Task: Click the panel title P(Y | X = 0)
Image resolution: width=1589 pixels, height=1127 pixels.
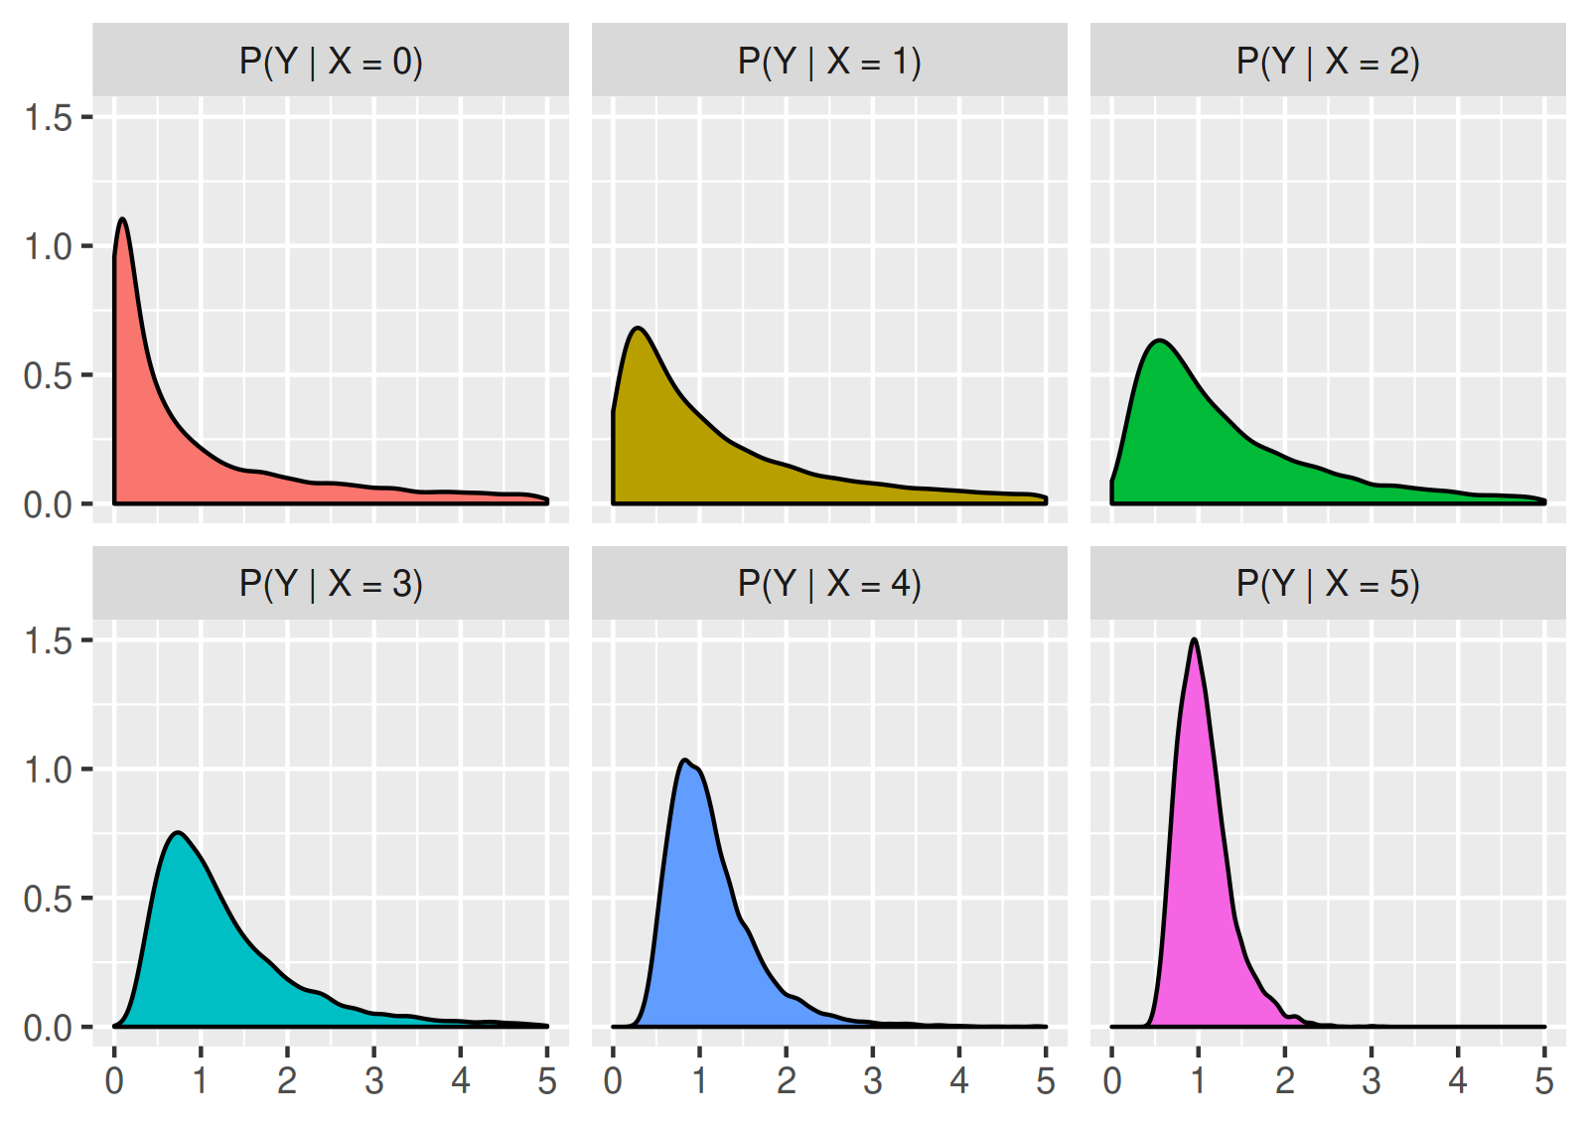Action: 331,62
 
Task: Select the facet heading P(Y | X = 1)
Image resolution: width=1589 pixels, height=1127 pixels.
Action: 829,62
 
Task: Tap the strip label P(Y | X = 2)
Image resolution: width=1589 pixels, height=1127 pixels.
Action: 1328,62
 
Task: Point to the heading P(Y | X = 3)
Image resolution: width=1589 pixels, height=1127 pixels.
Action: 331,584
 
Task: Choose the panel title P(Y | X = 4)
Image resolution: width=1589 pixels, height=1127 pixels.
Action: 829,584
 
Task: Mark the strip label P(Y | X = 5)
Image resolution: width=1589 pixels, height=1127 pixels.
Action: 1328,584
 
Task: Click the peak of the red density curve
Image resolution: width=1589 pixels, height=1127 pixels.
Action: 122,219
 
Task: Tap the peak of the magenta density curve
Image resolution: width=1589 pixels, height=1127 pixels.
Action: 1194,640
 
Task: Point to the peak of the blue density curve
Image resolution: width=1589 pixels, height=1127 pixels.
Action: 685,761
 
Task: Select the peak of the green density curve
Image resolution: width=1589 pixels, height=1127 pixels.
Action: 1159,341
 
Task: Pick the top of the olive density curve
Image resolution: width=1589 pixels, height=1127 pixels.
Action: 638,328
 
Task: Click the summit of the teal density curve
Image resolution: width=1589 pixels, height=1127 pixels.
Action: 178,833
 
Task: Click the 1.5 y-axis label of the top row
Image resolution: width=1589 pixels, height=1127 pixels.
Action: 48,118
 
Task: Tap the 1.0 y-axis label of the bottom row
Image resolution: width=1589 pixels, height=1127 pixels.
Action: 48,770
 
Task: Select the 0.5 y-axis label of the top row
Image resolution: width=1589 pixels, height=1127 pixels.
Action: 48,376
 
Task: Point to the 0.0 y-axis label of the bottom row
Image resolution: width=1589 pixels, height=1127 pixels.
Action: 48,1028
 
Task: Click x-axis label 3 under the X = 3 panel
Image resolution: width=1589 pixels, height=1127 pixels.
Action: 373,1081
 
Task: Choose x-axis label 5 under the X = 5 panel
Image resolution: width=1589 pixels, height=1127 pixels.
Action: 1543,1081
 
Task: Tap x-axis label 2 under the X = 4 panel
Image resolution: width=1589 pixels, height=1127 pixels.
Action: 786,1081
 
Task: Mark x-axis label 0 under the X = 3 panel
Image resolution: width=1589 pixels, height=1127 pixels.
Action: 114,1081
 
